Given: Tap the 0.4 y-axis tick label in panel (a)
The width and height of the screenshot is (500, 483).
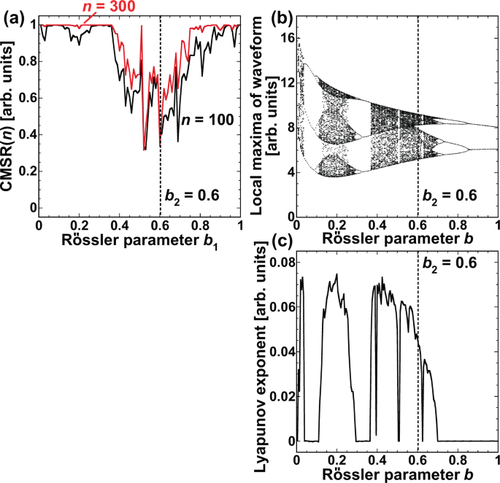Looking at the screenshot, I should click(26, 134).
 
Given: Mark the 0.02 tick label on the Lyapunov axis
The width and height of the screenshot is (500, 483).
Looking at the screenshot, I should click(278, 395).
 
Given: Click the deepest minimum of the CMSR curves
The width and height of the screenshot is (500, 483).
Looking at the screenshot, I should click(145, 150).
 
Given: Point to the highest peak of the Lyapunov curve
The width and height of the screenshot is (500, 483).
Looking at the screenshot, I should click(336, 274).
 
